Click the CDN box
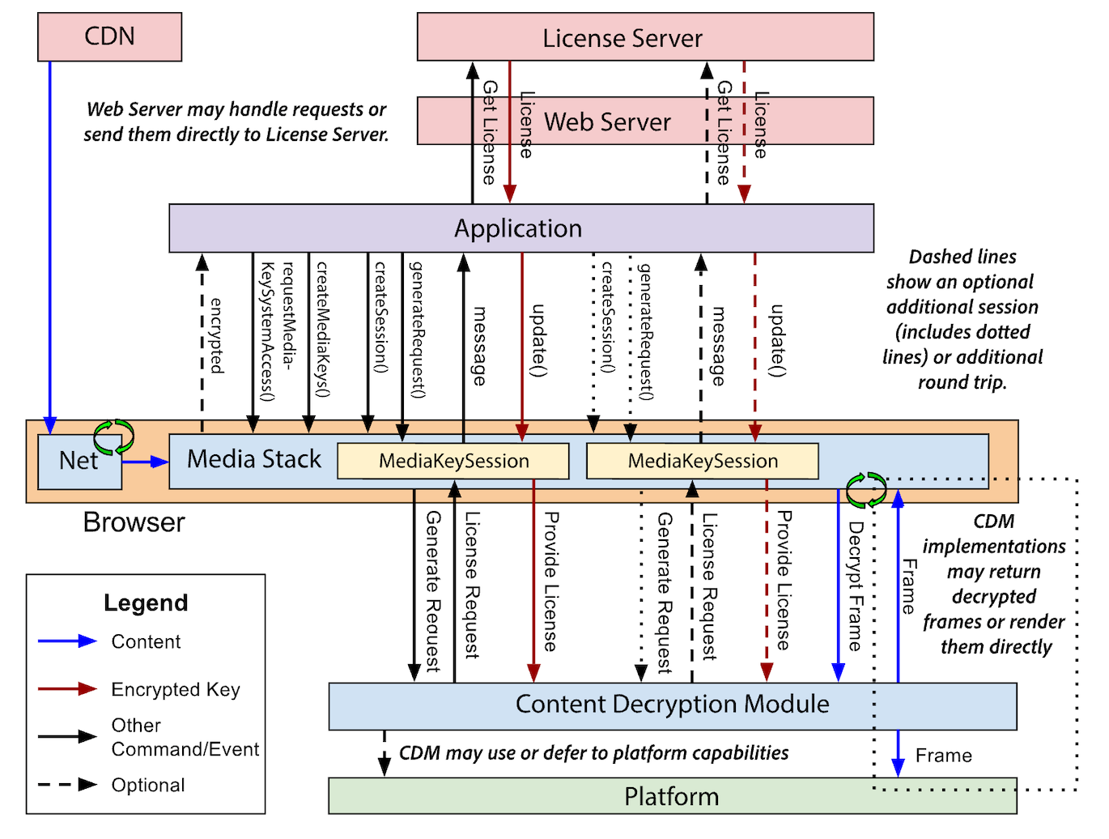(x=109, y=36)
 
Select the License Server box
(x=622, y=38)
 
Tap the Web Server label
(x=607, y=122)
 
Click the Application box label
(x=518, y=228)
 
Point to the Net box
(x=79, y=461)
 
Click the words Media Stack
(x=253, y=459)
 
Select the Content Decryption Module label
(x=672, y=705)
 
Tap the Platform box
(x=671, y=797)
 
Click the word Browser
(x=134, y=522)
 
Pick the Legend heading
(x=146, y=603)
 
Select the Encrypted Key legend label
(x=176, y=689)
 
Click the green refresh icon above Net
(x=113, y=437)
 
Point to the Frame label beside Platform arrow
(x=943, y=756)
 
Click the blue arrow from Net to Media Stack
(x=145, y=462)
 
